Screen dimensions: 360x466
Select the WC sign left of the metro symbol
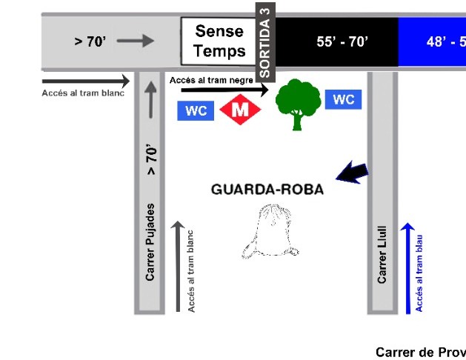(196, 111)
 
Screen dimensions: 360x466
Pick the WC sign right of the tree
(344, 99)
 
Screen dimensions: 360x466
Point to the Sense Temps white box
(219, 41)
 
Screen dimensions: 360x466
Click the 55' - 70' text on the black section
(342, 41)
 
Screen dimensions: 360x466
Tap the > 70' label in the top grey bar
(90, 41)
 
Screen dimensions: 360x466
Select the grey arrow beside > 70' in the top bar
(135, 41)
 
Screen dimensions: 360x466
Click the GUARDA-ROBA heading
(267, 189)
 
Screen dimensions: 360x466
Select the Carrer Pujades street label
(150, 241)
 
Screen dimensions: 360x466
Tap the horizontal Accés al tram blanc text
(83, 93)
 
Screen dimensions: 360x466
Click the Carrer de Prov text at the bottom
(420, 352)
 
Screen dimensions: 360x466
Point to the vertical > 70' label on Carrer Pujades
(151, 160)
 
